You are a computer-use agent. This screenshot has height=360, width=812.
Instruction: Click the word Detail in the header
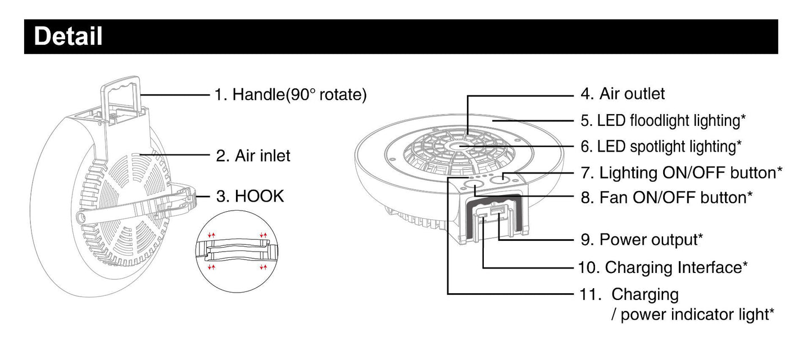tap(68, 36)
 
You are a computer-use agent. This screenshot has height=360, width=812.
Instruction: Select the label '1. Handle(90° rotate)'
tap(291, 95)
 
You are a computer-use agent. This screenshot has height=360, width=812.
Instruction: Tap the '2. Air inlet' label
tap(253, 156)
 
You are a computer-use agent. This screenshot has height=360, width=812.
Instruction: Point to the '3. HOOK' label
tap(250, 197)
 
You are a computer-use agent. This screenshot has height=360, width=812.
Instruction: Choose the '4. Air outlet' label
tap(623, 94)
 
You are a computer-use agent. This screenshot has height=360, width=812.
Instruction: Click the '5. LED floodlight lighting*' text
tap(663, 121)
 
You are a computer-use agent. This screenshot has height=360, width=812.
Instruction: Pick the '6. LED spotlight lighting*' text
tap(661, 147)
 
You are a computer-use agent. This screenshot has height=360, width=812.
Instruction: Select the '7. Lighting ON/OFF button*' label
tap(682, 173)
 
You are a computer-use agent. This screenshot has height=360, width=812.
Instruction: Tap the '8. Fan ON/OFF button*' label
tap(666, 198)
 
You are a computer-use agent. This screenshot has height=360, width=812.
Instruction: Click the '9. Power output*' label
tap(642, 240)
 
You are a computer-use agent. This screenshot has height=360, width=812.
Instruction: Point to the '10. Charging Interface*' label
tap(663, 268)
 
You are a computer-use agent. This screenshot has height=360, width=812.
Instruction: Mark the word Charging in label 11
tap(645, 295)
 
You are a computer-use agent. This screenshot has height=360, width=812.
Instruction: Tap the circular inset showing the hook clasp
tap(237, 251)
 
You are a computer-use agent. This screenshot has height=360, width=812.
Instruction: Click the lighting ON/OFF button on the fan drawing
tap(502, 177)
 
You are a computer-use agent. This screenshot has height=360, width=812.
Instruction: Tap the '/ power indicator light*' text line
tap(692, 315)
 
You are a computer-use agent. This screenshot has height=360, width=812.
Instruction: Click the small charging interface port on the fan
tap(483, 216)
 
